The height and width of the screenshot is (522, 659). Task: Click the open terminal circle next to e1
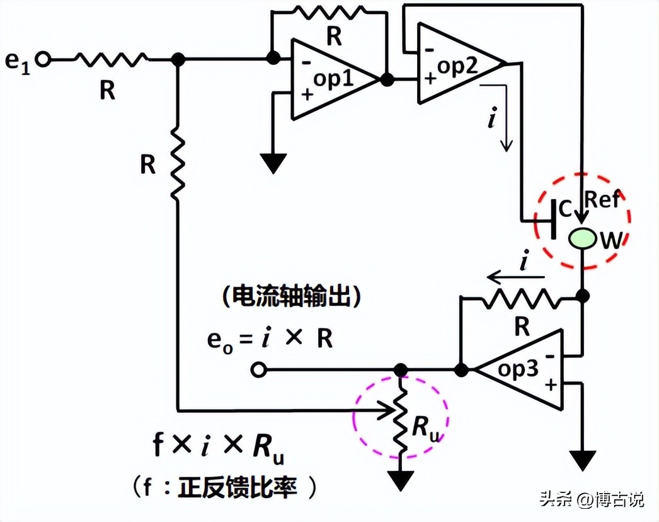coord(43,59)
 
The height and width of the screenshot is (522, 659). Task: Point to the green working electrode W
coord(582,238)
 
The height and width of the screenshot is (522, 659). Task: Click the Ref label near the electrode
coord(603,200)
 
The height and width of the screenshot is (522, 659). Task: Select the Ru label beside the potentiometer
coord(426,428)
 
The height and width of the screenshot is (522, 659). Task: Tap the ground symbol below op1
coord(273,162)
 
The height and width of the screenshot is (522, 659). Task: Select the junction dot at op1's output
coord(387,79)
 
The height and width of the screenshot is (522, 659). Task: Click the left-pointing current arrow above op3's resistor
coord(513,276)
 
